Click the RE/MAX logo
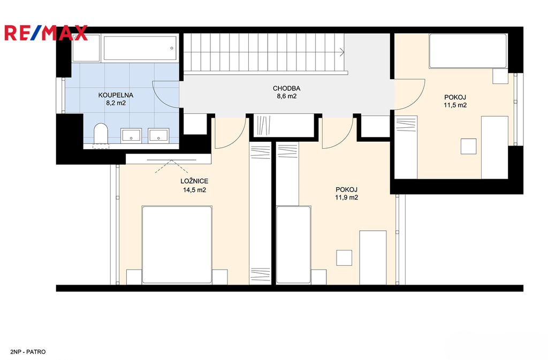click(46, 33)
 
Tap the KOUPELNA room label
click(116, 95)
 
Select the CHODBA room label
click(287, 88)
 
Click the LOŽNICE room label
click(194, 181)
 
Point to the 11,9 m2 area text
click(346, 197)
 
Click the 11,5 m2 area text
click(455, 105)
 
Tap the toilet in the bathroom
click(101, 134)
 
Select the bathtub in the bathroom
click(140, 48)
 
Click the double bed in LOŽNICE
click(177, 244)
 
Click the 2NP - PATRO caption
click(28, 352)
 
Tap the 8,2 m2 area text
click(116, 103)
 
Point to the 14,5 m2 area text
click(194, 190)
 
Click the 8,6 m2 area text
click(287, 96)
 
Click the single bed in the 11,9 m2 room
click(294, 244)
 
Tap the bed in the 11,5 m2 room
click(468, 51)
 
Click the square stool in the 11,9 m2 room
click(344, 258)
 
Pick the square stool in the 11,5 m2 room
click(468, 147)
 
